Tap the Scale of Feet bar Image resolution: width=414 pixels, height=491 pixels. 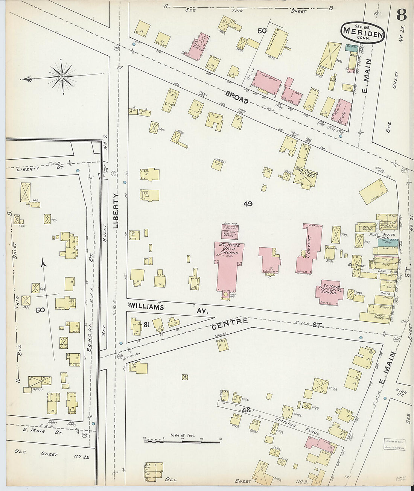point(183,439)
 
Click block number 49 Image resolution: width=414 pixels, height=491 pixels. point(248,204)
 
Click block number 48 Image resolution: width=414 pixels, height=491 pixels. point(247,409)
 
